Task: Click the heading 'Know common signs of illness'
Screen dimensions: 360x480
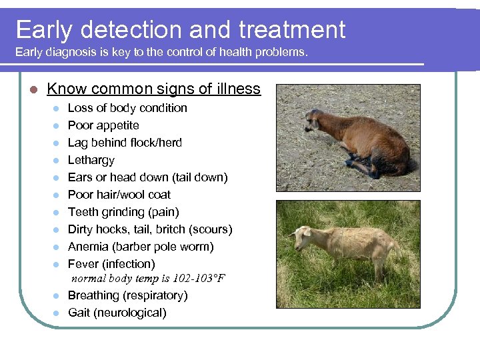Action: point(154,89)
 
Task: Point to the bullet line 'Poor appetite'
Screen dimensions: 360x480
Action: point(103,125)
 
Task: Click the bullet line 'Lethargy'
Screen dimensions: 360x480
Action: point(91,160)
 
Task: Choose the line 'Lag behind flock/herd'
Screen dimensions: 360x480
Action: point(125,143)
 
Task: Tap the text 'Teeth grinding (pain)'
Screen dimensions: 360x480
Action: point(123,212)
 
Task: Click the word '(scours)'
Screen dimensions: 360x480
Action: point(211,229)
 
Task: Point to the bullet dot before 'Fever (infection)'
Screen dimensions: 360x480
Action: point(58,265)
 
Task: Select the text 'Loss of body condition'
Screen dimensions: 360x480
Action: point(127,108)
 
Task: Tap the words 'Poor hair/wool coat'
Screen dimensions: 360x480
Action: point(119,195)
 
